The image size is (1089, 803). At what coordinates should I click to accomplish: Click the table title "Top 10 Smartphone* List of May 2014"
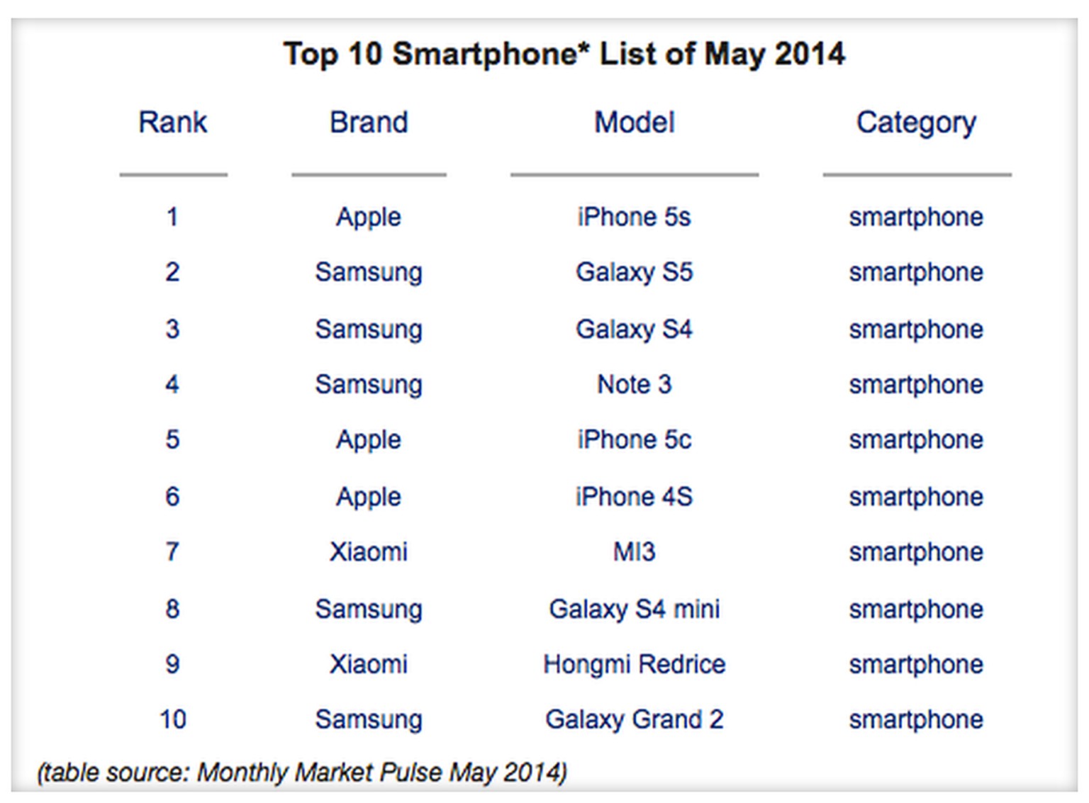click(564, 54)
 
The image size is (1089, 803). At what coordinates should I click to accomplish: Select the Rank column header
click(172, 123)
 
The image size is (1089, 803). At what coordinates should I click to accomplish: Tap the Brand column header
click(369, 123)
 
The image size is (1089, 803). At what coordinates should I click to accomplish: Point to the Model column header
click(634, 123)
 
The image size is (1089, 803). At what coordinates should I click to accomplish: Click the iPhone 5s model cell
click(634, 217)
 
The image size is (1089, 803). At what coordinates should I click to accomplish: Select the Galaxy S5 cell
click(634, 273)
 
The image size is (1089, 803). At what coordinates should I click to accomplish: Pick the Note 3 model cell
click(634, 384)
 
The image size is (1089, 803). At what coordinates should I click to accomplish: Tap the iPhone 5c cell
click(634, 439)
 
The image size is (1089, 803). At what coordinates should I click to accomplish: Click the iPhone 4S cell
click(634, 496)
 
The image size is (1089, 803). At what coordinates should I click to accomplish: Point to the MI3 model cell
click(634, 551)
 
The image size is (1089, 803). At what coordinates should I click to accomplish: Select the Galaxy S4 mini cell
click(634, 609)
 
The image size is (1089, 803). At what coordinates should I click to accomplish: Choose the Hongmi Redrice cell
click(634, 664)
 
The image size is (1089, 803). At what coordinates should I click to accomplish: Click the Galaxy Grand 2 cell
click(634, 719)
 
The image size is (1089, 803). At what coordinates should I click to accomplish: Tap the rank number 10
click(172, 719)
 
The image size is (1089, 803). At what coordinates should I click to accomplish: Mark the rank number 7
click(172, 551)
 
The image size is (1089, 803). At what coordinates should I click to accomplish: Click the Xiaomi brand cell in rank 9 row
click(369, 664)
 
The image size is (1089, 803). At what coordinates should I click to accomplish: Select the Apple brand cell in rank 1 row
click(369, 218)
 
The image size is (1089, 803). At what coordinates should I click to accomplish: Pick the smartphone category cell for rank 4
click(916, 385)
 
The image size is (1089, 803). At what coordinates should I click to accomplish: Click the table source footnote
click(302, 772)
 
